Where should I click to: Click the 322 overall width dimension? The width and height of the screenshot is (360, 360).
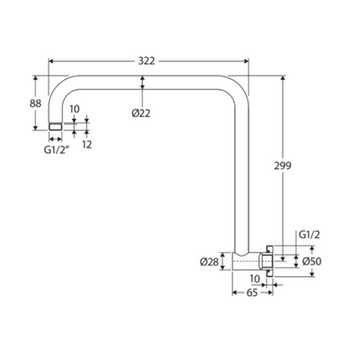coord(147,61)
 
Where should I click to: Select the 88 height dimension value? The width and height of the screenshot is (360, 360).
coord(35,103)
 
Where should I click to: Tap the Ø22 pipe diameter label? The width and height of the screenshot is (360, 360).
coord(140,113)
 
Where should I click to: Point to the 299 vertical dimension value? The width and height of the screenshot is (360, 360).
coord(283,166)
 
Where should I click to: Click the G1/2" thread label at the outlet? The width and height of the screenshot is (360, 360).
coord(55,150)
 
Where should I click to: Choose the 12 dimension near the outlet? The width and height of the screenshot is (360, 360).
coord(86,145)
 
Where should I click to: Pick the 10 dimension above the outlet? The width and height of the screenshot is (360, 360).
coord(75,109)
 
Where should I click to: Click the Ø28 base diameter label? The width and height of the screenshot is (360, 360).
coord(210,262)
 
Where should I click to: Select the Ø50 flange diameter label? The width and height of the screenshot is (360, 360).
coord(311,261)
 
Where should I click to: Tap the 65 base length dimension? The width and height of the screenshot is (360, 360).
coord(252,292)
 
